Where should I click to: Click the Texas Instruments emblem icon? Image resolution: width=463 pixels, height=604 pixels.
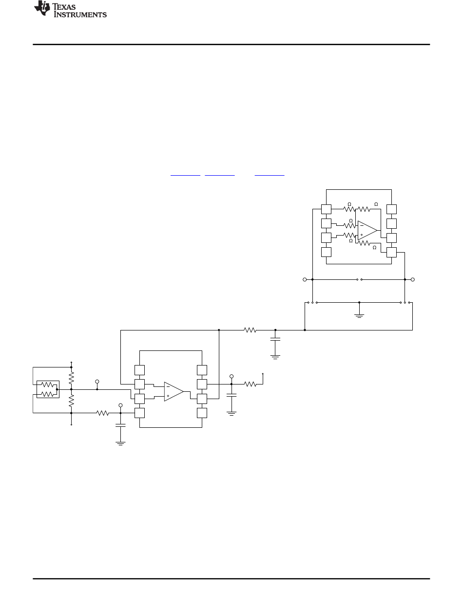pyautogui.click(x=42, y=8)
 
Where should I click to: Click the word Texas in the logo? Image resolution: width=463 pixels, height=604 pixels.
pyautogui.click(x=64, y=7)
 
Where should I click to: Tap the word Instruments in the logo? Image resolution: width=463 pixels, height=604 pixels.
pyautogui.click(x=80, y=15)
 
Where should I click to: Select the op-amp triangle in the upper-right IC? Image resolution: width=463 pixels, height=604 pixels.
pyautogui.click(x=367, y=230)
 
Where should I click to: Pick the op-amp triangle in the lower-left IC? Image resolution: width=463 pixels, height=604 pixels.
pyautogui.click(x=174, y=392)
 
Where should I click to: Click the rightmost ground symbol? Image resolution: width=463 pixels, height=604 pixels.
pyautogui.click(x=359, y=315)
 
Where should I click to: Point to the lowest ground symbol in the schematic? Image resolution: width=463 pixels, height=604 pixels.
pyautogui.click(x=120, y=443)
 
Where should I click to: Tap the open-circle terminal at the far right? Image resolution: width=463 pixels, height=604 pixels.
pyautogui.click(x=413, y=279)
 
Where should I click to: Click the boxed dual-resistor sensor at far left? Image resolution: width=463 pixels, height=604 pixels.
pyautogui.click(x=48, y=389)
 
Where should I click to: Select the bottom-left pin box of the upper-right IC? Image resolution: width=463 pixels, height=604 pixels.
pyautogui.click(x=326, y=252)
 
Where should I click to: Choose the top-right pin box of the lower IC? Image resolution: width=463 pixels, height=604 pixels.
pyautogui.click(x=202, y=370)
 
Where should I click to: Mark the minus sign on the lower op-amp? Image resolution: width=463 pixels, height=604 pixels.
pyautogui.click(x=168, y=386)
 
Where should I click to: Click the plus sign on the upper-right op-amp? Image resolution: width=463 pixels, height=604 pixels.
pyautogui.click(x=362, y=235)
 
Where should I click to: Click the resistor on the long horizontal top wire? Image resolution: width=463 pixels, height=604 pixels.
pyautogui.click(x=250, y=330)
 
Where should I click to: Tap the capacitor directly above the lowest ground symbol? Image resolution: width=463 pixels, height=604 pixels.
pyautogui.click(x=120, y=425)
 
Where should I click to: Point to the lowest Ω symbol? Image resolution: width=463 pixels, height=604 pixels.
pyautogui.click(x=374, y=248)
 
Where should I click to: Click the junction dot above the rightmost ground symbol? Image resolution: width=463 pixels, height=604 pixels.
pyautogui.click(x=359, y=302)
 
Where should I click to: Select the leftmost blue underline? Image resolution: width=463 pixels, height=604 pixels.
pyautogui.click(x=185, y=175)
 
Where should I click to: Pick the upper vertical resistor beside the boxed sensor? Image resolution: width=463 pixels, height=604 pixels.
pyautogui.click(x=71, y=378)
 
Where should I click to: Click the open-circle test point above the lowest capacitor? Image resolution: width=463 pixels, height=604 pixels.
pyautogui.click(x=120, y=405)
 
